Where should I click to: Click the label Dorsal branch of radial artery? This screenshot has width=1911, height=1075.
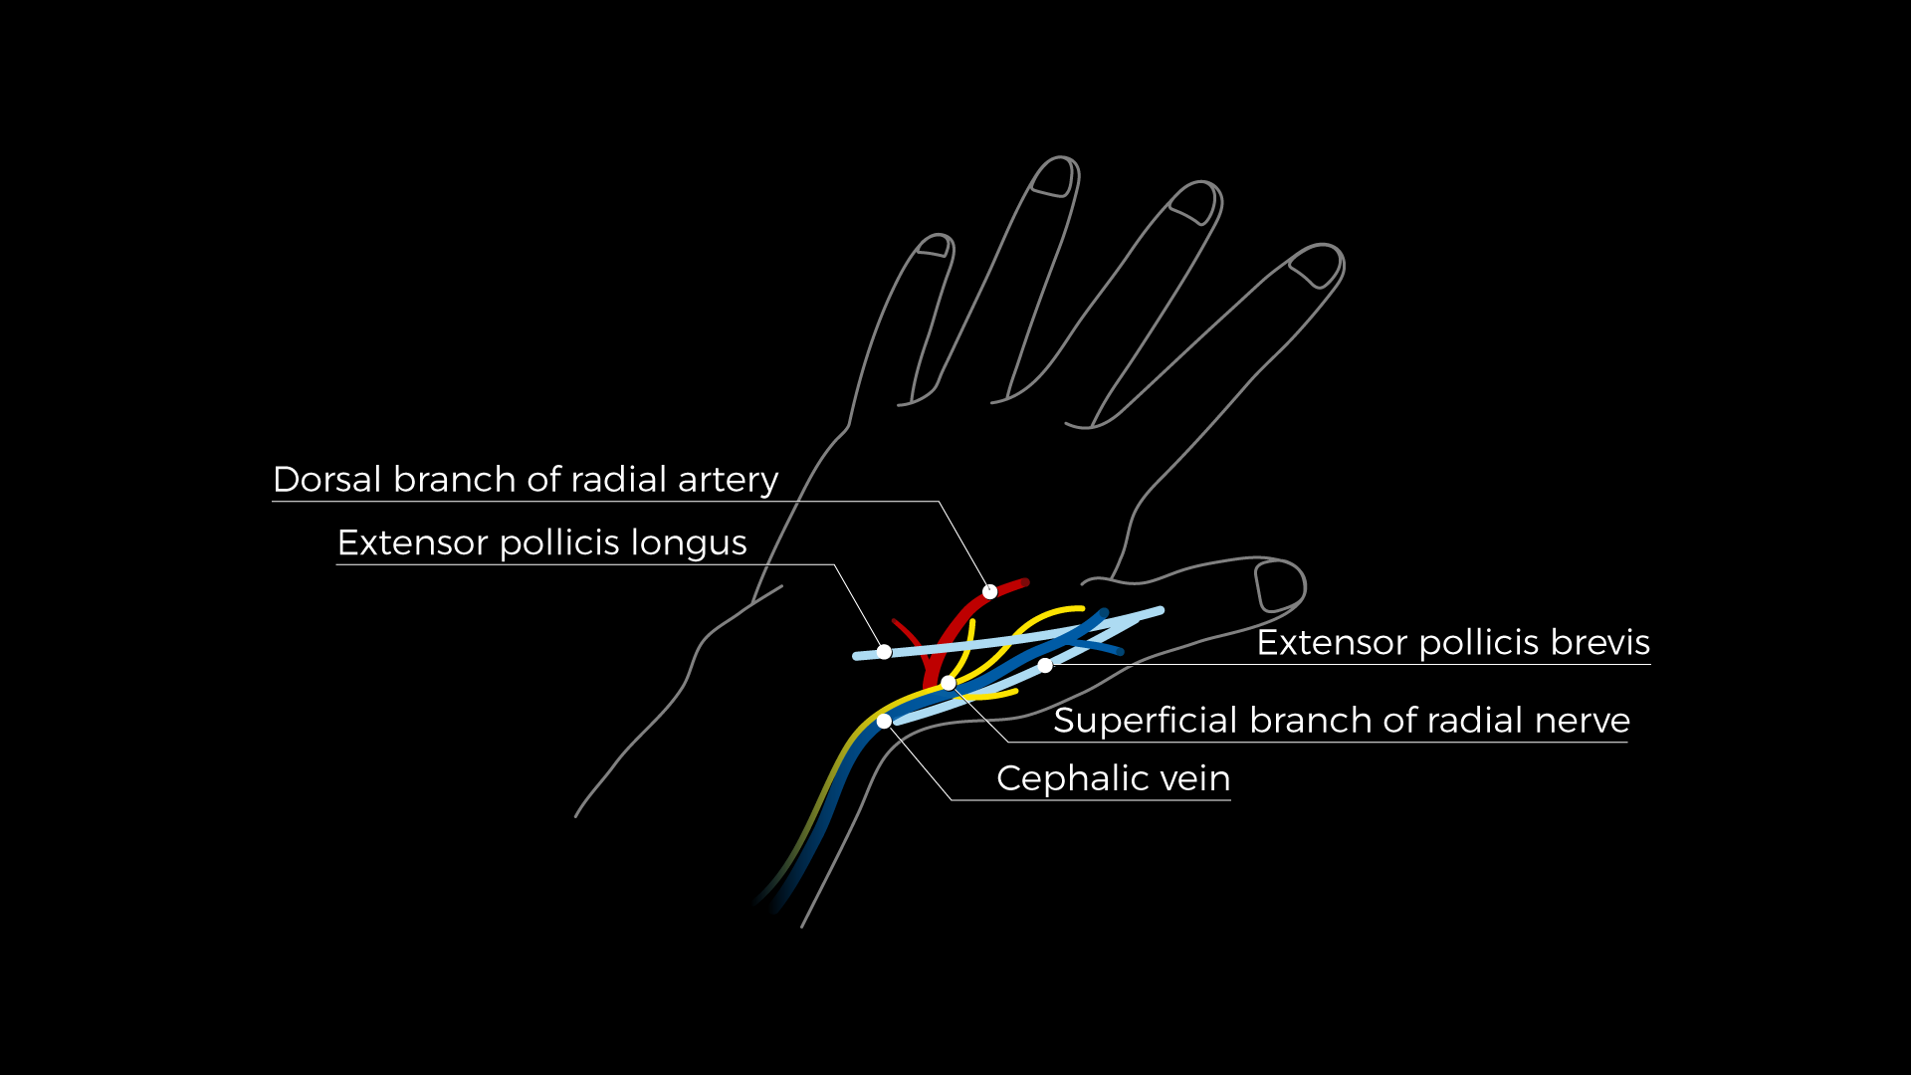[526, 480]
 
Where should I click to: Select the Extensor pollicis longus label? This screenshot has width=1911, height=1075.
[541, 543]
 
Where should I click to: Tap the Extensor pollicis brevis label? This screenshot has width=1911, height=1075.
[1453, 643]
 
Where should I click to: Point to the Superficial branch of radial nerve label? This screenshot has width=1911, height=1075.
[1342, 721]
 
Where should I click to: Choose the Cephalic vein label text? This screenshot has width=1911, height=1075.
[1113, 778]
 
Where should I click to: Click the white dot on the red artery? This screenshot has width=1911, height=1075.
[989, 591]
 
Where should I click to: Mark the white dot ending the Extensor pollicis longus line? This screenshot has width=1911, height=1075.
[884, 652]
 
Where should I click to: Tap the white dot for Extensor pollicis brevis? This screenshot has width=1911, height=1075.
[1045, 665]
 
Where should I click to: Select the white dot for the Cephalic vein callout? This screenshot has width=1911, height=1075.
[884, 721]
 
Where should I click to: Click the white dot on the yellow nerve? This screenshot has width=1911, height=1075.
[949, 683]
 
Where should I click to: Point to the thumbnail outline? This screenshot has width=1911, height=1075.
[1280, 585]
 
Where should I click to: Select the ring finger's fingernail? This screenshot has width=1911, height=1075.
[1055, 177]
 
